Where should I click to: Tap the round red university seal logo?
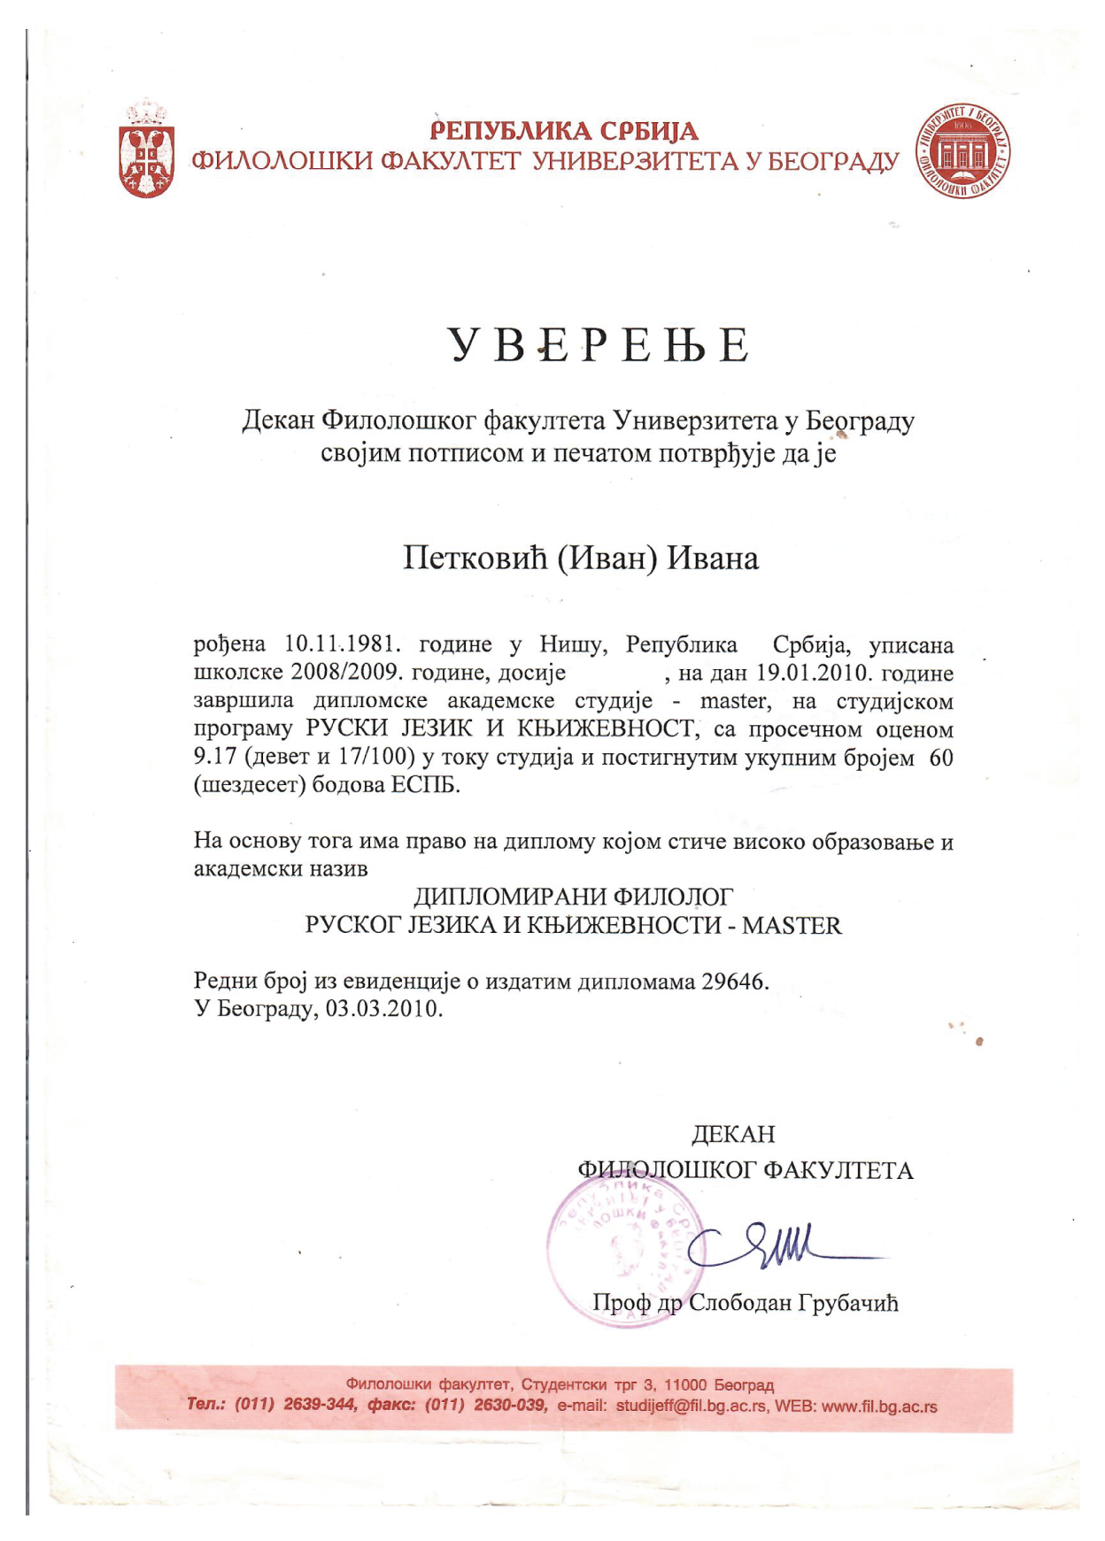click(x=963, y=150)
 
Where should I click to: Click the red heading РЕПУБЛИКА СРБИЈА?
click(x=564, y=132)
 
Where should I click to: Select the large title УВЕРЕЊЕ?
click(x=599, y=345)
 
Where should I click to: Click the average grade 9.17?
click(x=214, y=758)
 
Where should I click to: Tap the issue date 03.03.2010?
click(x=382, y=1009)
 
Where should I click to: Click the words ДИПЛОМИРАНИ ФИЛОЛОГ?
click(x=574, y=898)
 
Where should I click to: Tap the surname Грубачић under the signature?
click(x=848, y=1303)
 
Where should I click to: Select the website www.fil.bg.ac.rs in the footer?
click(x=879, y=1406)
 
